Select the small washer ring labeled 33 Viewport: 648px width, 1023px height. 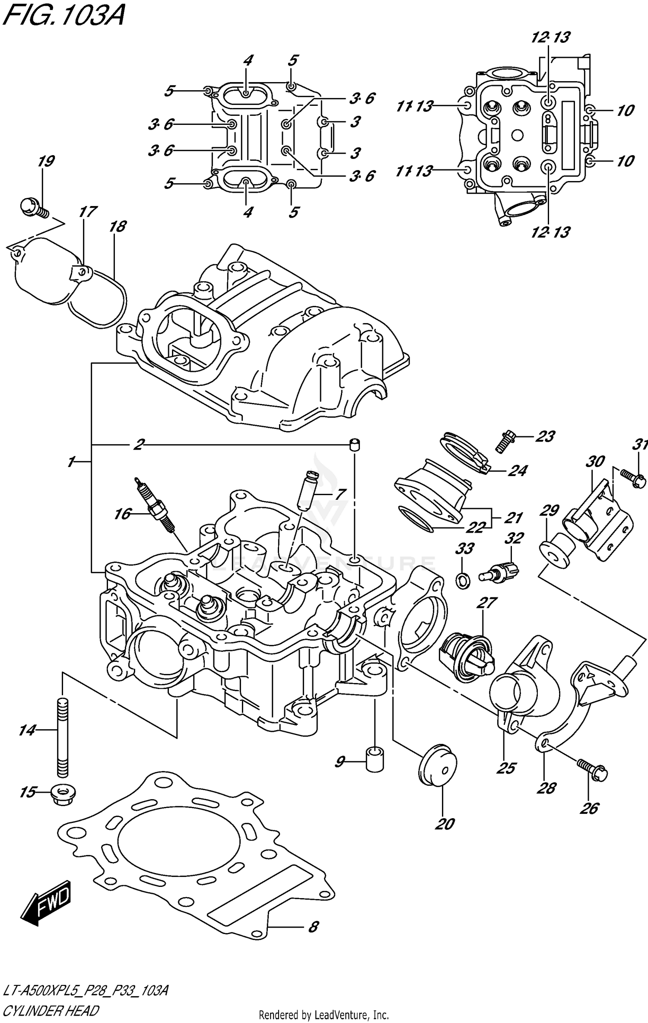click(x=464, y=580)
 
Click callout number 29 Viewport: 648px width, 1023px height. click(x=550, y=511)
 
